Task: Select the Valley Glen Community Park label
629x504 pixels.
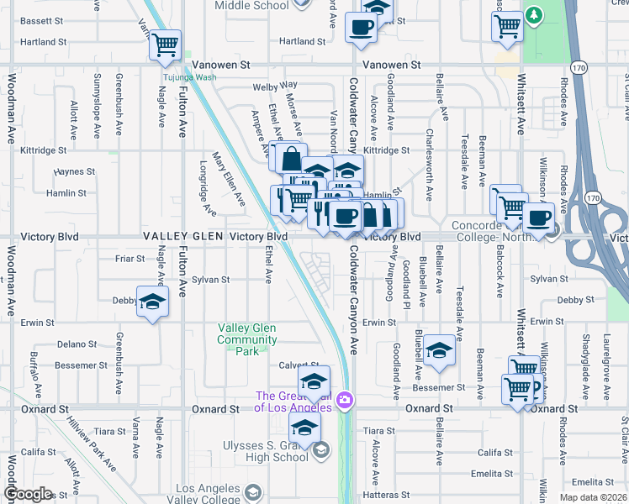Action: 247,339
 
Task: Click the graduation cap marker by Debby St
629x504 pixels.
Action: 152,304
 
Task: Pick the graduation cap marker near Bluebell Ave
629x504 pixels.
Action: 438,352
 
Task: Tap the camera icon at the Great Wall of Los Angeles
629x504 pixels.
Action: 344,400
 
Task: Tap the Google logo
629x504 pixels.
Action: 28,495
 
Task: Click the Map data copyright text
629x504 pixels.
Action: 593,497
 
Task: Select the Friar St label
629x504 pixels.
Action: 131,259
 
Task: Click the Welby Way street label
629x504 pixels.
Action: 275,86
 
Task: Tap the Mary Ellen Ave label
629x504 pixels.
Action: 229,178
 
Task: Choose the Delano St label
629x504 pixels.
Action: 77,344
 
